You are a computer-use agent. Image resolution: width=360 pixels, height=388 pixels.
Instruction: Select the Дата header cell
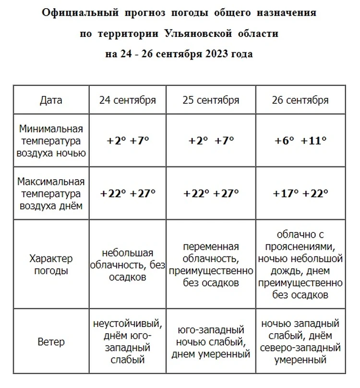coord(51,100)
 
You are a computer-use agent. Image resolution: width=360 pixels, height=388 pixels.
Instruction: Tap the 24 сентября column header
coord(128,100)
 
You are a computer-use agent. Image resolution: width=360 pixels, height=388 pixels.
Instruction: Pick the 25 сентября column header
coord(211,100)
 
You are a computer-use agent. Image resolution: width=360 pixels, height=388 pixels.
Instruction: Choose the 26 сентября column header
coord(300,100)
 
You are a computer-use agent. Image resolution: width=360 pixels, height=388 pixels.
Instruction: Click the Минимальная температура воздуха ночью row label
coord(51,141)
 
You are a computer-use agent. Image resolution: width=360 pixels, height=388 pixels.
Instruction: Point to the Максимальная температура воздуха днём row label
coord(51,194)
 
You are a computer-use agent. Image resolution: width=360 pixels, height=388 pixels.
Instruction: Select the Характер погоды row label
coord(51,265)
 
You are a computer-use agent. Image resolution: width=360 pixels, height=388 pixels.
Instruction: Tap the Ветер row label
coord(51,342)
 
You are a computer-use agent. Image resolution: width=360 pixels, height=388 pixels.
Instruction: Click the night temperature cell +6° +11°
coord(300,141)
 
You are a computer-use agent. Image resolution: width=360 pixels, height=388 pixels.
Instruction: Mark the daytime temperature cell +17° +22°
coord(300,194)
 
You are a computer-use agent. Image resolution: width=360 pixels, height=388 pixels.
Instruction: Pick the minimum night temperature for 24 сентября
coord(128,141)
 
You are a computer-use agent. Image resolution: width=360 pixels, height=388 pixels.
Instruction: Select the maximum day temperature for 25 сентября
coord(211,194)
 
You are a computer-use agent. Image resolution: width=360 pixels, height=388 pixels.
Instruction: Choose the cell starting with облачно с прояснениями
coord(300,265)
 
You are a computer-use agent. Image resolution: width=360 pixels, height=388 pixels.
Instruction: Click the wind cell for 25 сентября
coord(211,342)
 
